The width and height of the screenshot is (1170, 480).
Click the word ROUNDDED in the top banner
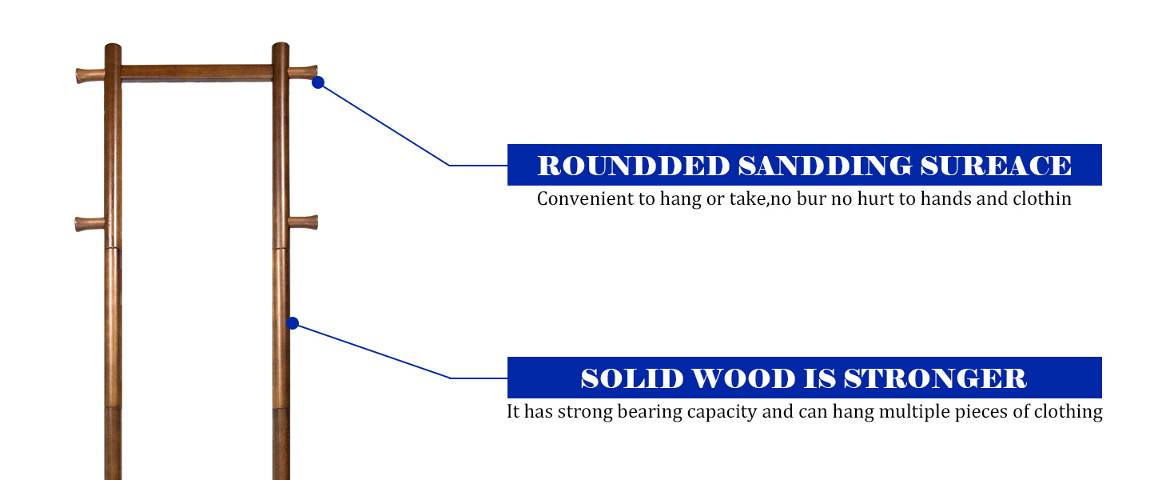[x=634, y=166]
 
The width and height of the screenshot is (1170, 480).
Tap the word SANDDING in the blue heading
[x=825, y=166]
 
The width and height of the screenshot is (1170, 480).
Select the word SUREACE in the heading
[x=996, y=166]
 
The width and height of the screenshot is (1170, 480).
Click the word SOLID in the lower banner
[x=632, y=378]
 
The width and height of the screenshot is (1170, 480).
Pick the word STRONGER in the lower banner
[x=935, y=378]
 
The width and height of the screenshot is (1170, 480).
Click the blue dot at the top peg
[x=318, y=82]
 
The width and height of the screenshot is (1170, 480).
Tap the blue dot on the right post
[x=292, y=323]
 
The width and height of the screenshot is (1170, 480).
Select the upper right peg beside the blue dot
[x=303, y=72]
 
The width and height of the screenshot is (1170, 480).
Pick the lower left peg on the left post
[x=90, y=224]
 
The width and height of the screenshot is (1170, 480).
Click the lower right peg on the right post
[x=303, y=222]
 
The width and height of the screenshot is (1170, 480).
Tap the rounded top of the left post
[x=113, y=47]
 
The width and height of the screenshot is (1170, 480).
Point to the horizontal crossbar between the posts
[x=197, y=73]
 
